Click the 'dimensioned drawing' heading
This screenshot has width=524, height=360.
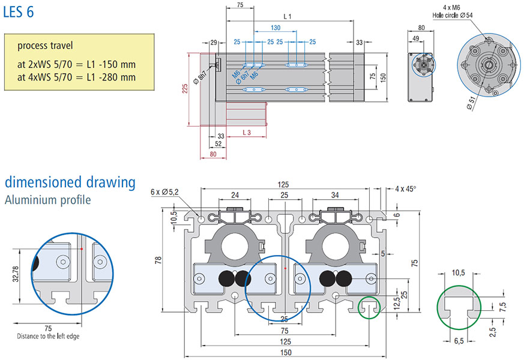[x=70, y=182]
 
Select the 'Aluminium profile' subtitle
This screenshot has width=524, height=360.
[x=48, y=200]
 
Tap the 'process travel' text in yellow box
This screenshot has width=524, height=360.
[x=45, y=46]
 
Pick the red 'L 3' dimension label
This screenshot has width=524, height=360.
[x=246, y=131]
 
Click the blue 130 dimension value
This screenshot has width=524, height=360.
[x=276, y=28]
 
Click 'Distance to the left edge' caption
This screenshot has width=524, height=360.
[x=47, y=337]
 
